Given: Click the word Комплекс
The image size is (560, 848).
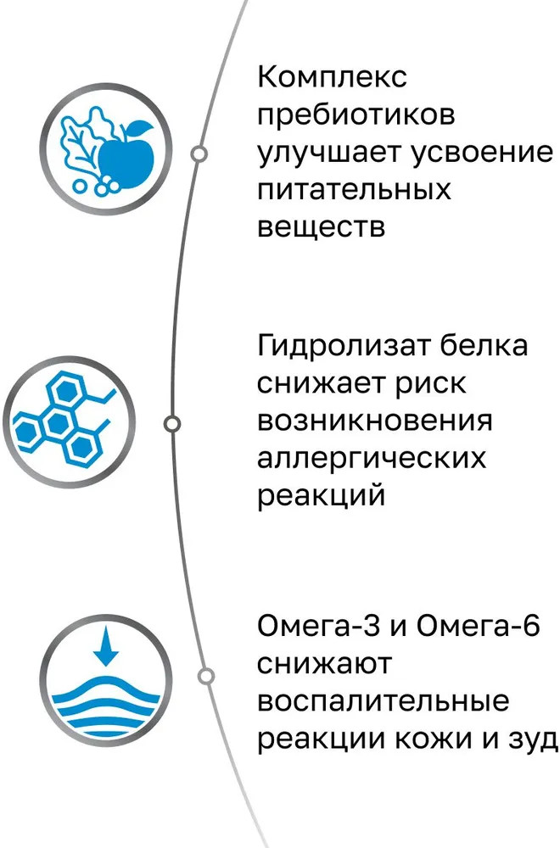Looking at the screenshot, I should (333, 78).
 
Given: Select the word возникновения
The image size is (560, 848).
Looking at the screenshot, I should (374, 420).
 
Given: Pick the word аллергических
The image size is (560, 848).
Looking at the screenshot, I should (371, 458).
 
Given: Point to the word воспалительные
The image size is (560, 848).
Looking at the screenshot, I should (384, 702).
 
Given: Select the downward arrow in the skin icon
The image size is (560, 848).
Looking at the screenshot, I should (106, 649).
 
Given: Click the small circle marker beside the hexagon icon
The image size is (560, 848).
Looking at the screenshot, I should (171, 423).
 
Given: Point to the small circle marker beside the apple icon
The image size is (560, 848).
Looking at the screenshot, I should (199, 153).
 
